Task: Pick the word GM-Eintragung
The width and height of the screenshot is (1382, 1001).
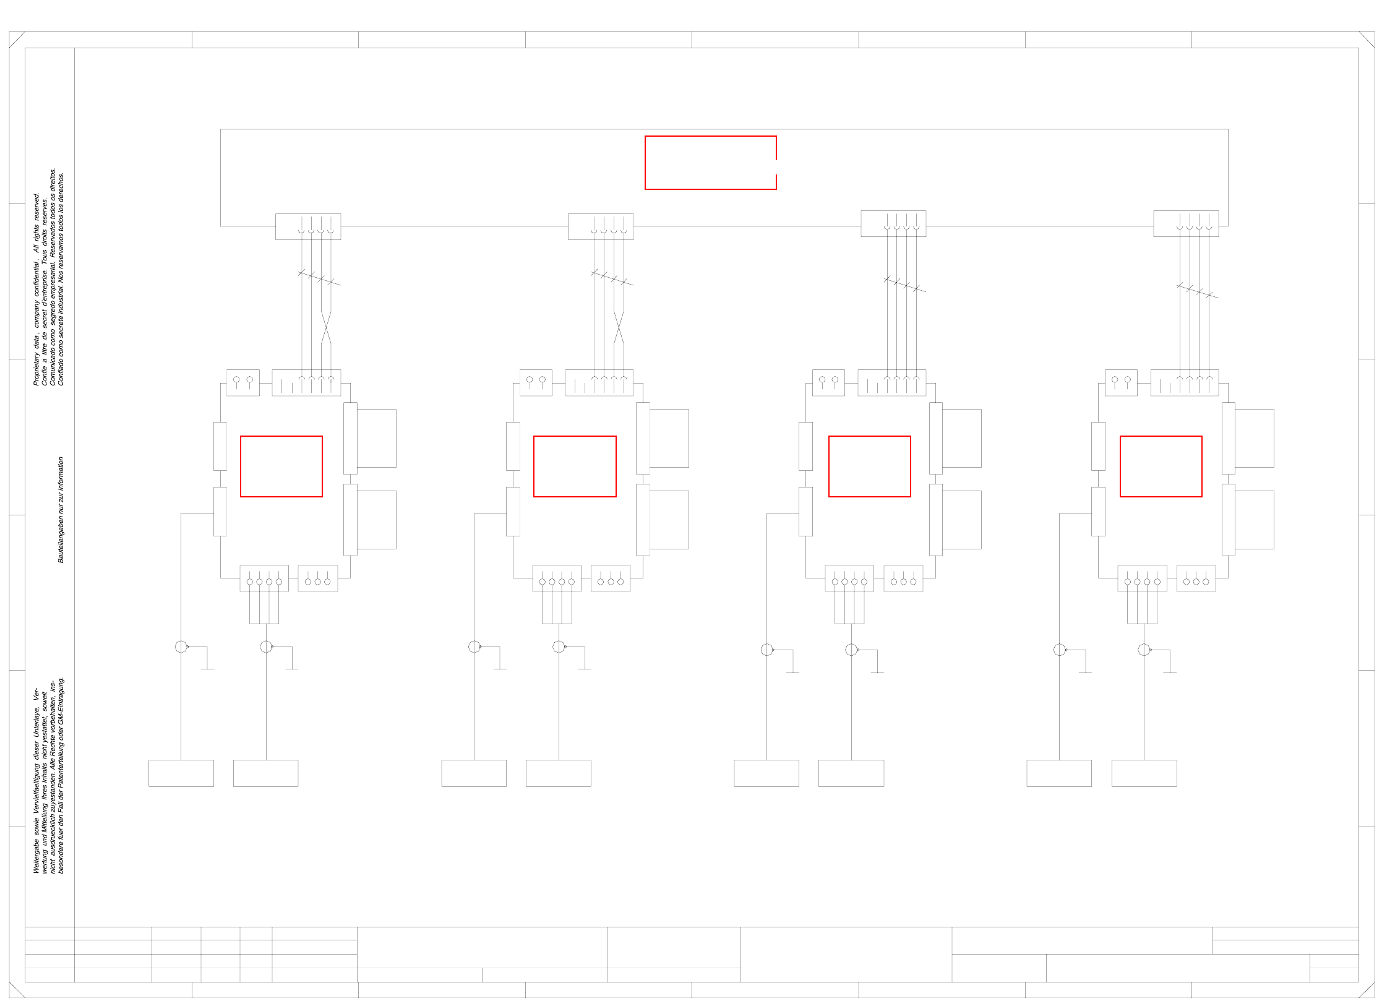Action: click(x=61, y=702)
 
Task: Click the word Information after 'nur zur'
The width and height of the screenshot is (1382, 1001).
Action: click(x=61, y=473)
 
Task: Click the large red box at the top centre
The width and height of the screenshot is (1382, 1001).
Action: click(x=710, y=163)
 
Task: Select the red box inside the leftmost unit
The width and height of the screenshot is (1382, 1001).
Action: click(x=281, y=466)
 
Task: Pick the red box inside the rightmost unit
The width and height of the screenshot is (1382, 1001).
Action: click(x=1161, y=466)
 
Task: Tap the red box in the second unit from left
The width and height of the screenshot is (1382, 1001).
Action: click(x=575, y=466)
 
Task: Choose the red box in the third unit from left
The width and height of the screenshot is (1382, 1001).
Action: click(x=869, y=466)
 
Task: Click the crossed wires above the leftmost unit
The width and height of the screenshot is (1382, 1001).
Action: click(x=326, y=328)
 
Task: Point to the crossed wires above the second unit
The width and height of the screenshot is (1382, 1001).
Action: click(x=619, y=328)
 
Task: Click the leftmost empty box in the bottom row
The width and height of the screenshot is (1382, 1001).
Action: click(x=181, y=773)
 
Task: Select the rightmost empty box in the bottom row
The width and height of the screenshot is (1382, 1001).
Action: click(x=1144, y=773)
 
